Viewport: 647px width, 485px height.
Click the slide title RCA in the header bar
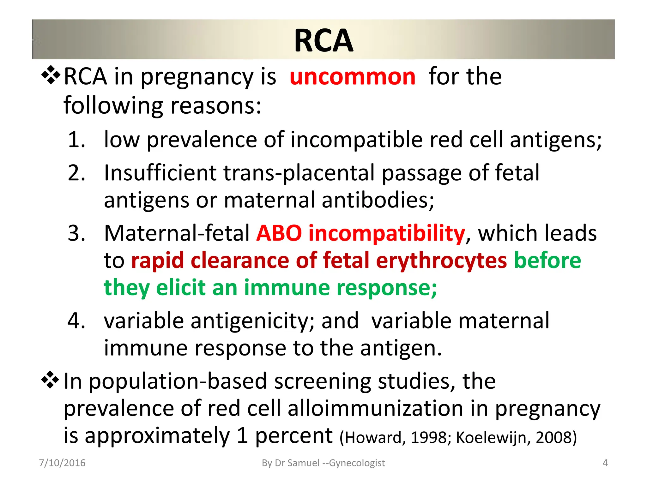(x=323, y=40)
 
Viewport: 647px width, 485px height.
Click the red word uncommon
(x=352, y=77)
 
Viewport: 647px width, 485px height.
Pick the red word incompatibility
(x=386, y=233)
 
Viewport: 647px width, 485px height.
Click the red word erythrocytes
(x=441, y=260)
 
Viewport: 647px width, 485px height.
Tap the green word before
(x=547, y=260)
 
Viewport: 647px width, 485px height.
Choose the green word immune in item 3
(x=287, y=288)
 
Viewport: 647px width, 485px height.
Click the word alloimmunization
(x=375, y=408)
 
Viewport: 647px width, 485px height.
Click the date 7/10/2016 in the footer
(x=62, y=463)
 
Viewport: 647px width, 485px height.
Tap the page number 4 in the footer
(x=605, y=463)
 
